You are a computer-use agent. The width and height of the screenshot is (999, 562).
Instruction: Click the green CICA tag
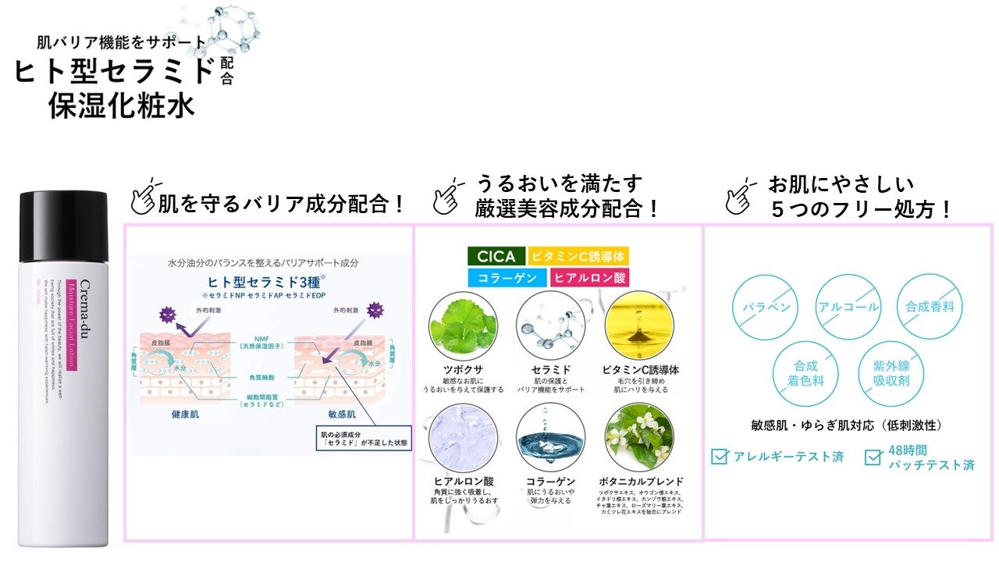(496, 256)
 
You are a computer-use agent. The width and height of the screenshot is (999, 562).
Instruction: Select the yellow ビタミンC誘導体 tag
(578, 256)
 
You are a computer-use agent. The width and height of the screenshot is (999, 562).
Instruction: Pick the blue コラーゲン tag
(507, 277)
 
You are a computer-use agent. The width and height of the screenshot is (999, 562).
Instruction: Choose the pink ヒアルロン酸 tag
(589, 277)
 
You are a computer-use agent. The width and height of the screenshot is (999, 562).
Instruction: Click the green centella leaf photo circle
(463, 326)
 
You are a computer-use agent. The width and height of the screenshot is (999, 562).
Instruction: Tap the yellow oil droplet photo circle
(640, 326)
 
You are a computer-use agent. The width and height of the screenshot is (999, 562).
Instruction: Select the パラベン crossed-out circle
(764, 307)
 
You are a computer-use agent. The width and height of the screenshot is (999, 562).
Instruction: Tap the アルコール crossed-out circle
(848, 307)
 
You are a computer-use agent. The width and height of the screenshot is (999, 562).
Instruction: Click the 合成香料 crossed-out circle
(930, 307)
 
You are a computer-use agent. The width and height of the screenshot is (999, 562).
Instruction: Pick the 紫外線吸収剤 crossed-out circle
(889, 373)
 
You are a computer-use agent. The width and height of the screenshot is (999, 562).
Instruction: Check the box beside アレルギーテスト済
(720, 457)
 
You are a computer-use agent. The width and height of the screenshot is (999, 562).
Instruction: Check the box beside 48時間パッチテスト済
(873, 457)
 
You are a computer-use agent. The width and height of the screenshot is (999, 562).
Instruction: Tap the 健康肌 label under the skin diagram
(185, 414)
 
